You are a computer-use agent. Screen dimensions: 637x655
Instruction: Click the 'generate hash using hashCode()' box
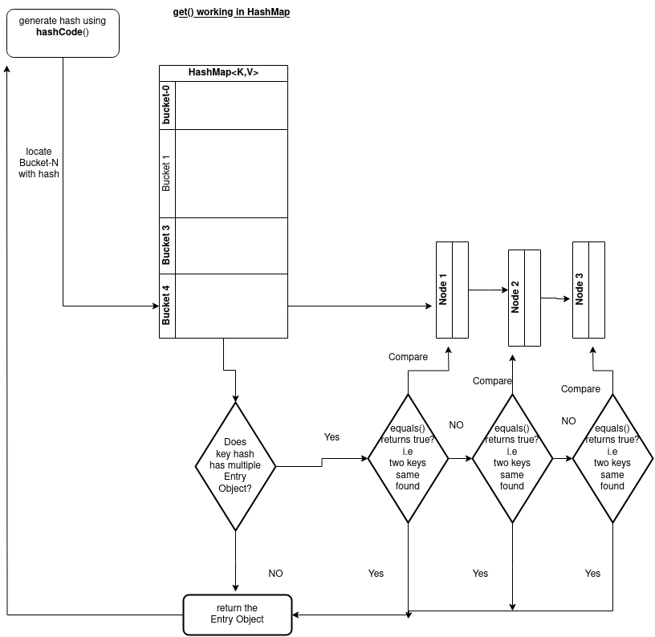(x=63, y=33)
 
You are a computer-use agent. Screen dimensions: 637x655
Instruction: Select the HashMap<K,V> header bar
(x=223, y=73)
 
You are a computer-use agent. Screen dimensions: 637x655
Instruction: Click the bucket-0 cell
(x=167, y=105)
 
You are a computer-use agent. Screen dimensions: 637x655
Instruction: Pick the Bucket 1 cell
(x=167, y=172)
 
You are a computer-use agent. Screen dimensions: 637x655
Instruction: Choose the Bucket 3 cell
(x=167, y=245)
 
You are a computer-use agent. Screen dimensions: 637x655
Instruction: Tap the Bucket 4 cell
(x=167, y=305)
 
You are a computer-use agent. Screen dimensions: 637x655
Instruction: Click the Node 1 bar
(x=444, y=290)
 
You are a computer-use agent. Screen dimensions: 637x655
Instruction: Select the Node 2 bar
(x=516, y=298)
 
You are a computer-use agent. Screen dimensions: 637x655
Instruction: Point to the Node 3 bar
(x=580, y=290)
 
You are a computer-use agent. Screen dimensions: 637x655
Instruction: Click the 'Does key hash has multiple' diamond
(x=235, y=465)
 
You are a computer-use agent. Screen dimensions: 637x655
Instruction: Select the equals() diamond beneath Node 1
(x=408, y=458)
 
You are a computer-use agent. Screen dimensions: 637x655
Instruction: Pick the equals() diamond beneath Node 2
(x=512, y=458)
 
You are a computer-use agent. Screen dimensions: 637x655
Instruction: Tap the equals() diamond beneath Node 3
(x=612, y=458)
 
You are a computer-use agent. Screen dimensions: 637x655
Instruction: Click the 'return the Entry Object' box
(x=237, y=615)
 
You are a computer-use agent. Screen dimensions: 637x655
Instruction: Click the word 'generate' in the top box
(x=37, y=21)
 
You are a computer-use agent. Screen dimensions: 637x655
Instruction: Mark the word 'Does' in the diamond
(x=235, y=442)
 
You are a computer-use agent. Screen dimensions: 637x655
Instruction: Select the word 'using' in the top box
(x=93, y=21)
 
